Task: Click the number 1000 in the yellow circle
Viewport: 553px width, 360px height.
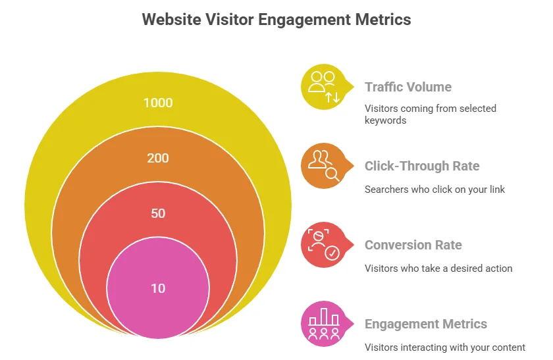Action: pyautogui.click(x=158, y=103)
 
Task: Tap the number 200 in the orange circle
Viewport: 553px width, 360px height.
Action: pyautogui.click(x=158, y=158)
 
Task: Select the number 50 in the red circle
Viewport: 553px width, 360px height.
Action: pyautogui.click(x=158, y=213)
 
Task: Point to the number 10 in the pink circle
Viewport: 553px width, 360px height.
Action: pyautogui.click(x=158, y=288)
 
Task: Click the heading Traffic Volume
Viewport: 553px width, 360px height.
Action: pyautogui.click(x=408, y=87)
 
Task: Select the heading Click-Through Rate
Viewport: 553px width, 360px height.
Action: pyautogui.click(x=422, y=166)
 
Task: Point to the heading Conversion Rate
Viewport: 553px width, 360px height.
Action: pyautogui.click(x=413, y=245)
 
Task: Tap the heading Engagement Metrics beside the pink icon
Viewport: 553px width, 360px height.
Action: pyautogui.click(x=426, y=324)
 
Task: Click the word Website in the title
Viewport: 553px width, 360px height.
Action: pyautogui.click(x=171, y=19)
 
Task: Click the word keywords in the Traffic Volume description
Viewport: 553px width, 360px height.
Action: pyautogui.click(x=385, y=120)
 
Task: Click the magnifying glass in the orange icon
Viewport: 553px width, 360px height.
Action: pyautogui.click(x=333, y=174)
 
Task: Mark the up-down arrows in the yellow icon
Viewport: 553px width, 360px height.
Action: pyautogui.click(x=332, y=97)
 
